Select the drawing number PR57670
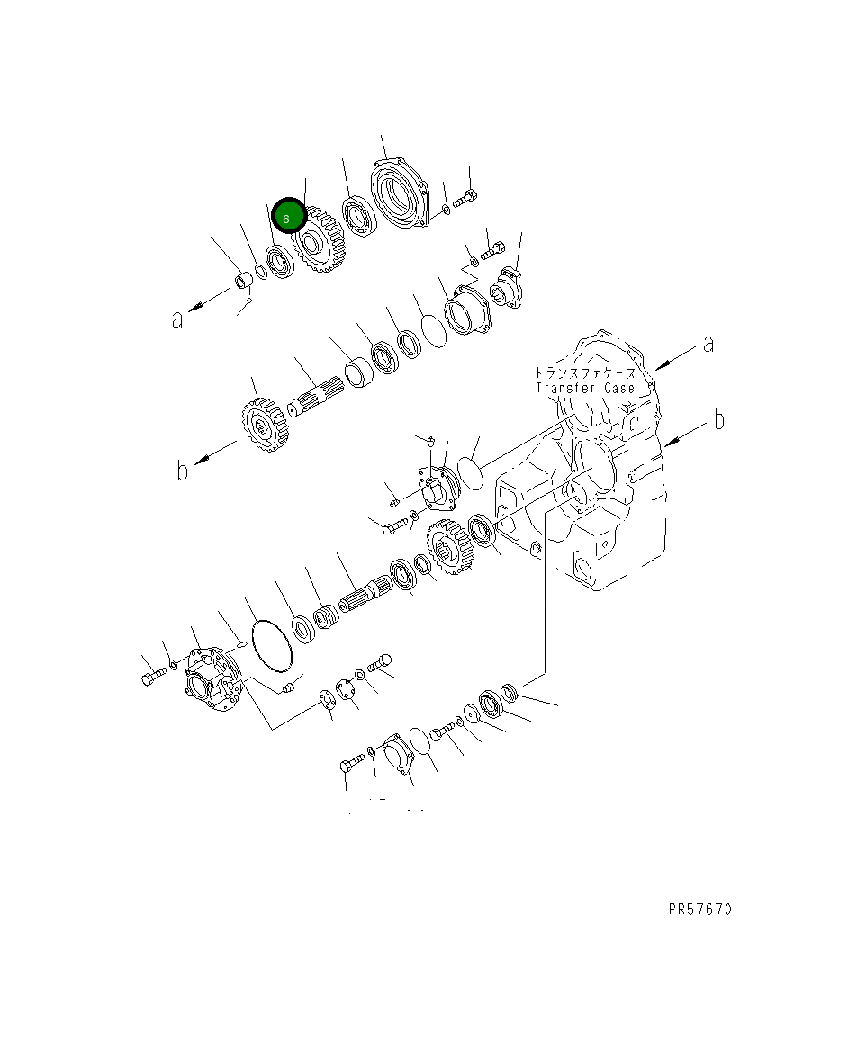tap(699, 910)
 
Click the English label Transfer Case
tap(584, 388)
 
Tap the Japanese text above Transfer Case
tap(584, 372)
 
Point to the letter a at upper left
tap(178, 319)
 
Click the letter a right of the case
tap(708, 344)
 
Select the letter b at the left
tap(182, 471)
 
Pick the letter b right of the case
tap(717, 420)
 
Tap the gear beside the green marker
tap(314, 241)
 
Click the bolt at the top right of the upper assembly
tap(465, 198)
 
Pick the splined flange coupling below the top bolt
tap(510, 287)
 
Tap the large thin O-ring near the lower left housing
tap(269, 644)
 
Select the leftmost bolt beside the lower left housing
tap(150, 678)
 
